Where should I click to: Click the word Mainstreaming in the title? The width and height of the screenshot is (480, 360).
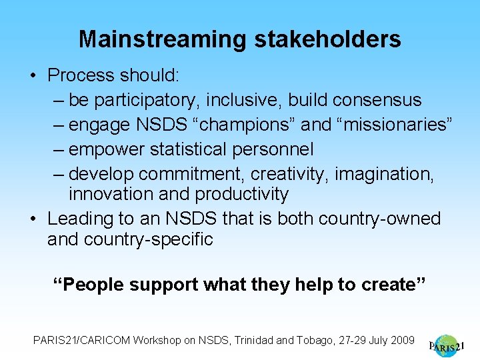(x=163, y=39)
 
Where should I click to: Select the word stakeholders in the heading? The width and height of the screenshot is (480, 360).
(x=327, y=39)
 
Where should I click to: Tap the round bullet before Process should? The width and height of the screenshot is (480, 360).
(x=33, y=75)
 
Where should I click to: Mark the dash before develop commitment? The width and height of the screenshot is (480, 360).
(x=58, y=174)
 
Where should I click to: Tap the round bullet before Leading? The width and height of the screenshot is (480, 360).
(x=33, y=219)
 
